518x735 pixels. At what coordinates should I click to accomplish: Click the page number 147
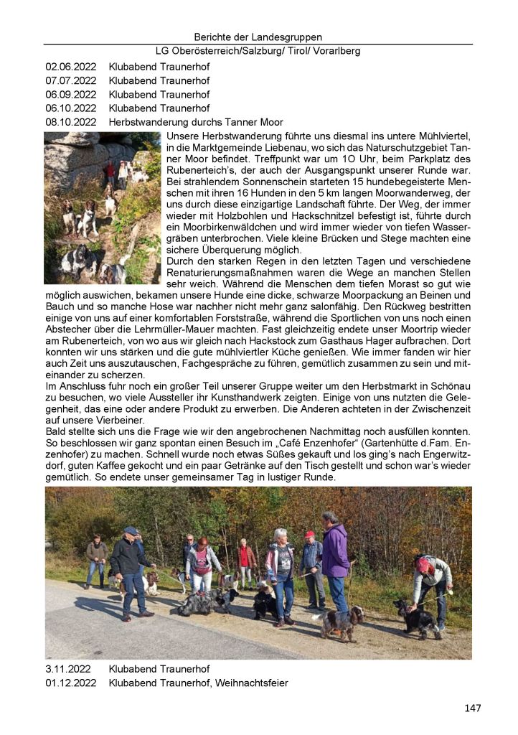click(x=472, y=708)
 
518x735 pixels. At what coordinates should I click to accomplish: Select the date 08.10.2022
click(x=70, y=122)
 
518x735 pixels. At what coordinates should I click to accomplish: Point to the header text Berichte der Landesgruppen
click(x=258, y=37)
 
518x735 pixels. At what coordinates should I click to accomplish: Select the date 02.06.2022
click(x=70, y=67)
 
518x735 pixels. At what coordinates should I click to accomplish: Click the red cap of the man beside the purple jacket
click(x=309, y=535)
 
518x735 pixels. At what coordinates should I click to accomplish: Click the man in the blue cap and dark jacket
click(x=129, y=567)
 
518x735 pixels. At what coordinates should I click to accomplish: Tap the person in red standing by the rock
click(x=109, y=173)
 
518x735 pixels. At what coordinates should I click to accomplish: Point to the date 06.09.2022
click(x=70, y=94)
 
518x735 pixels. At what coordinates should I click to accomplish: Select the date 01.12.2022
click(x=70, y=683)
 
